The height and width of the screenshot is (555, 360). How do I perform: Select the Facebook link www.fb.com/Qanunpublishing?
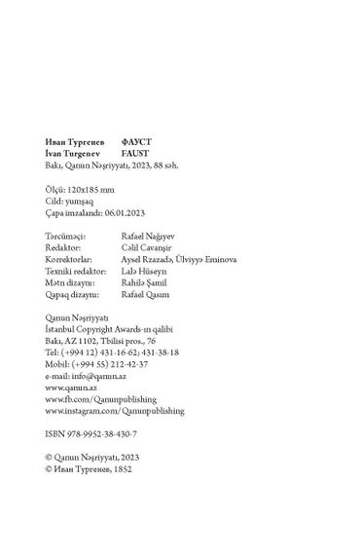pos(100,397)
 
